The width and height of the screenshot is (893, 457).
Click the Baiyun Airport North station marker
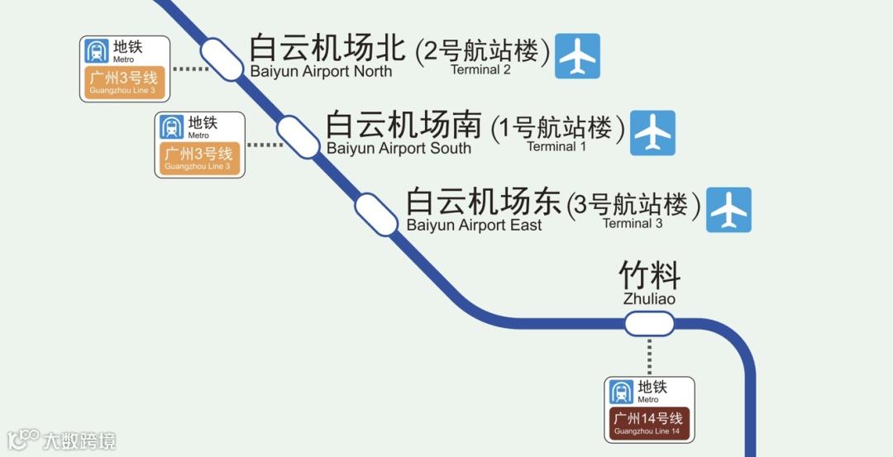coord(221,59)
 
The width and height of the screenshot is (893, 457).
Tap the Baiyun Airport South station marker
coord(298,136)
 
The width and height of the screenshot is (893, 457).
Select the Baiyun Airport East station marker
coord(377,214)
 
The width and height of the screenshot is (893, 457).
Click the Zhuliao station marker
coord(649,324)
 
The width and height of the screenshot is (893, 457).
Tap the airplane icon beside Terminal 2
coord(577,56)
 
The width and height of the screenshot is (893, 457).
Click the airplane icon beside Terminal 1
coord(653,133)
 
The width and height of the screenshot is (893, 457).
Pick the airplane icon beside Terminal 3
coord(729,210)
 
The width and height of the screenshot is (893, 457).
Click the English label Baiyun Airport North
coord(321,72)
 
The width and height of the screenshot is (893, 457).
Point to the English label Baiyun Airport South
coord(399,149)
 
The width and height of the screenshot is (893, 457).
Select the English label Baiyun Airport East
coord(474,226)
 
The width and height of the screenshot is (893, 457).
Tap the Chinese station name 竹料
coord(649,275)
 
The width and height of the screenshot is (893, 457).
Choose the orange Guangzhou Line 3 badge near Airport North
coord(124,83)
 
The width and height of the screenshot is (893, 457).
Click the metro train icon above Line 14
coord(621,392)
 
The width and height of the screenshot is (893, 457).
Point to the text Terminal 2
coord(480,70)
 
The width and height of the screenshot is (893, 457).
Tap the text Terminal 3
coord(633,224)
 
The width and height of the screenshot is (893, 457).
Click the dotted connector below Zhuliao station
coord(649,356)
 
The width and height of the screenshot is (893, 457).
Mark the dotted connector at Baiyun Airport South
coord(264,145)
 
